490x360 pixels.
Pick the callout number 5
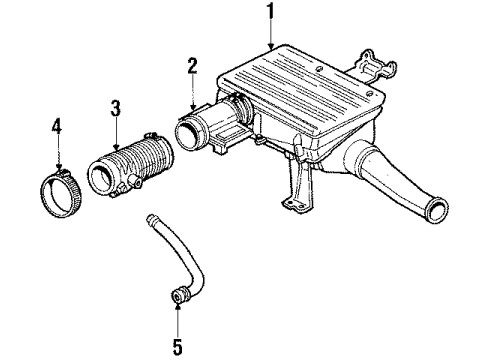click(178, 348)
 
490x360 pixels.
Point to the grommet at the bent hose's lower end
click(180, 298)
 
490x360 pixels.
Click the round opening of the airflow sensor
click(188, 134)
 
